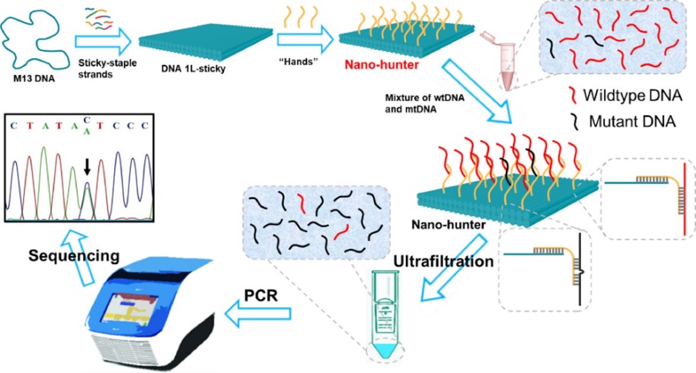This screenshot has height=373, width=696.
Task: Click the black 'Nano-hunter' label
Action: (438, 225)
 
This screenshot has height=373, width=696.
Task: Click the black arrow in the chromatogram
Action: (88, 168)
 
